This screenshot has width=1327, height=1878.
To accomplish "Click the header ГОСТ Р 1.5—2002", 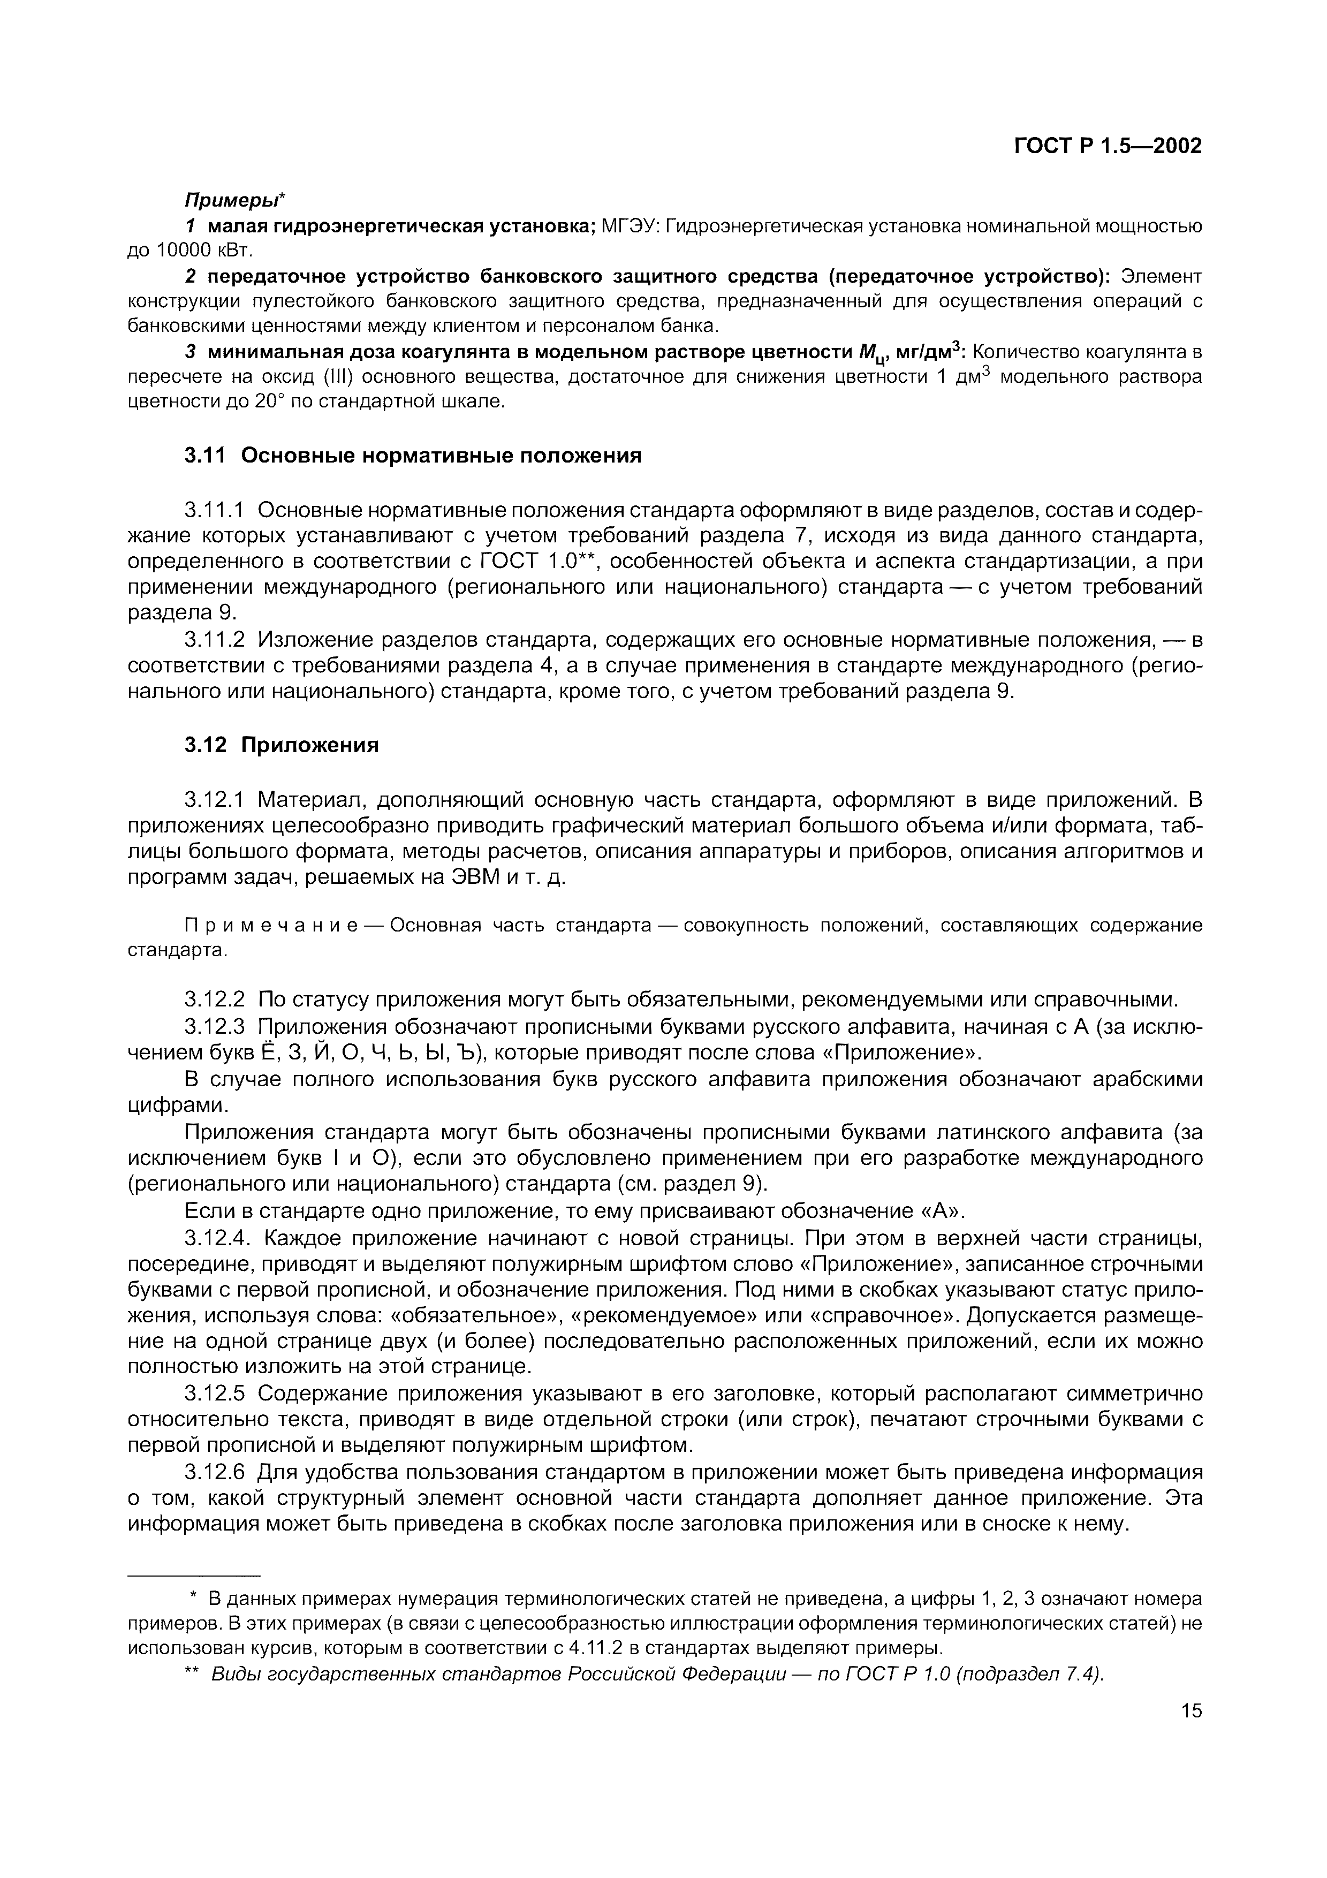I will (1108, 146).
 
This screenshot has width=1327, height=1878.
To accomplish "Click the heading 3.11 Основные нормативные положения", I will (413, 456).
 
